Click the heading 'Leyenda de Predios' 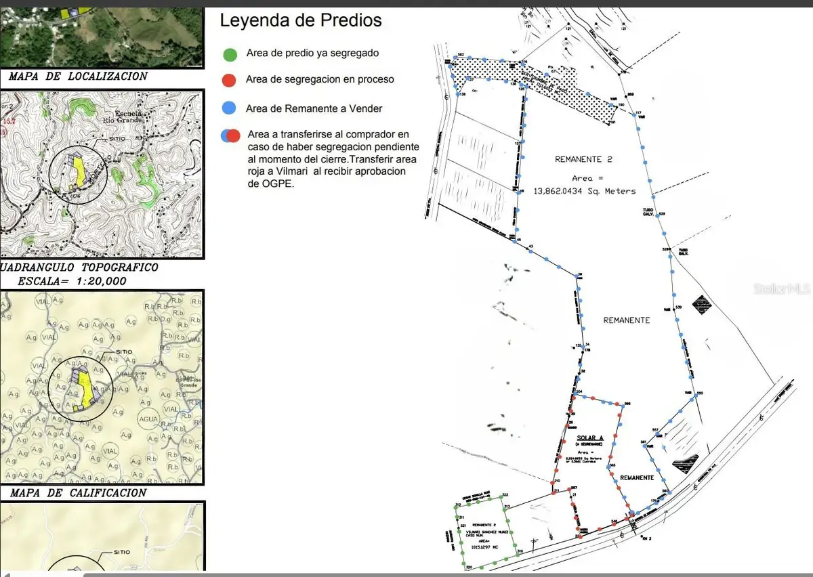pyautogui.click(x=301, y=20)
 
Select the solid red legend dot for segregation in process pyautogui.click(x=228, y=80)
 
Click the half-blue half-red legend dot pyautogui.click(x=230, y=135)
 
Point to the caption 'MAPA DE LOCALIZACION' pyautogui.click(x=78, y=77)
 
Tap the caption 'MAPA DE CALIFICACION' pyautogui.click(x=78, y=493)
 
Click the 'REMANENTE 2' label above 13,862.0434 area pyautogui.click(x=583, y=160)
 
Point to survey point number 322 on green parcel pyautogui.click(x=505, y=495)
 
